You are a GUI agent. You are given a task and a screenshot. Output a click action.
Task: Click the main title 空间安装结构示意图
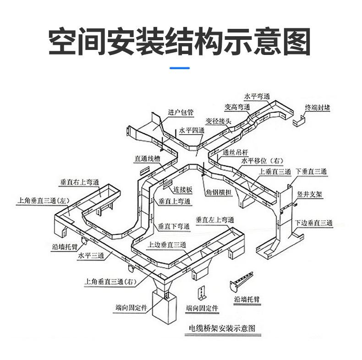180,42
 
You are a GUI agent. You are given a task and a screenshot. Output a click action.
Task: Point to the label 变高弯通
237,107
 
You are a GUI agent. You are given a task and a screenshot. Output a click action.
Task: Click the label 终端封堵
318,108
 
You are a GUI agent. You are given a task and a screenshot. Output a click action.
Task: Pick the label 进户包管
181,112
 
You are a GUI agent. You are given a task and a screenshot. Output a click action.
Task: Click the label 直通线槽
147,159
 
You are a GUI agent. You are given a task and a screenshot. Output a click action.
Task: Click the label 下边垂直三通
313,223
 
